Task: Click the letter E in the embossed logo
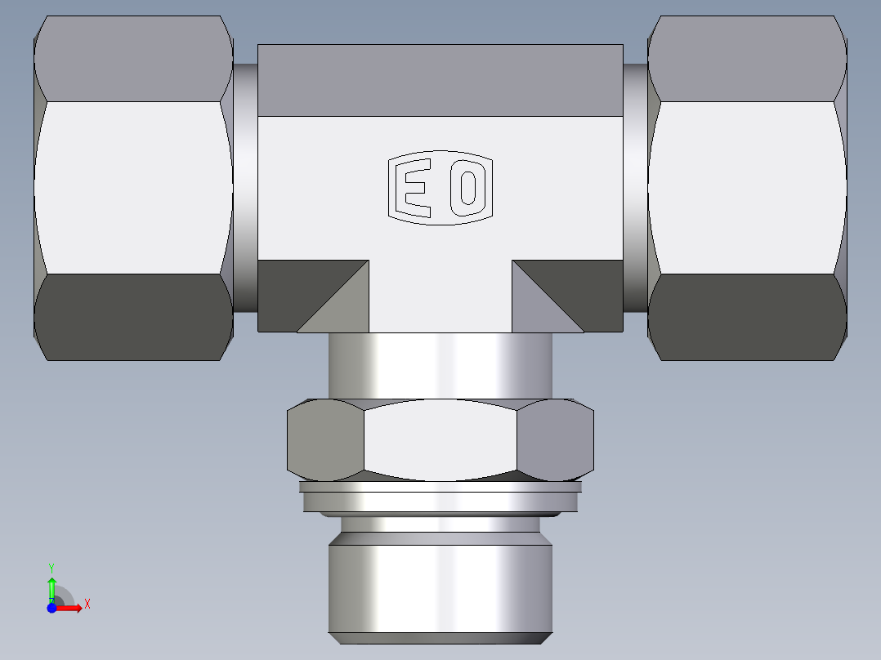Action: click(x=414, y=186)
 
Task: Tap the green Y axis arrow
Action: click(x=51, y=586)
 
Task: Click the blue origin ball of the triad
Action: click(x=51, y=607)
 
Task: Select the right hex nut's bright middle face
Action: click(x=745, y=188)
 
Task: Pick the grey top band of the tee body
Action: click(x=440, y=80)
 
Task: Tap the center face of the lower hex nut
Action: click(x=440, y=441)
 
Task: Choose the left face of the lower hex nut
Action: click(x=325, y=441)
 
